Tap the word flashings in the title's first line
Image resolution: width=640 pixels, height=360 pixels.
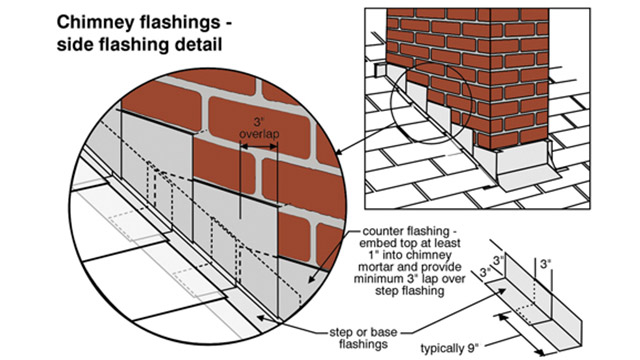pos(204,21)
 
